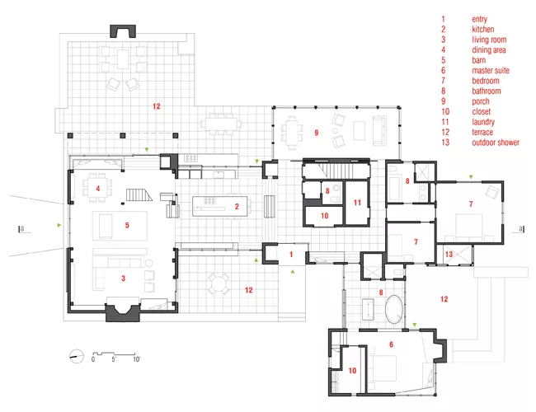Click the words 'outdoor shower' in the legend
tap(496, 143)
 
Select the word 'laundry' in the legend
tap(483, 122)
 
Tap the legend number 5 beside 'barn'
tap(444, 60)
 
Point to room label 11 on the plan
tap(357, 203)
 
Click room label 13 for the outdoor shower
tap(449, 254)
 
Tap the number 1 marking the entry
tap(291, 254)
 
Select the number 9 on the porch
tap(317, 133)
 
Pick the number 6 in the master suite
tap(392, 344)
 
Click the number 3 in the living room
tap(124, 279)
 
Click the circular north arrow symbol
tap(77, 356)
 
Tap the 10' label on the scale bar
tap(136, 359)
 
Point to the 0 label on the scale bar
tap(93, 359)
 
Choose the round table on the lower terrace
tap(219, 283)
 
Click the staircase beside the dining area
tap(139, 195)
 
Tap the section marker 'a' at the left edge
tap(22, 229)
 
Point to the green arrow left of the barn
tap(59, 225)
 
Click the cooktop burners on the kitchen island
tap(209, 200)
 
